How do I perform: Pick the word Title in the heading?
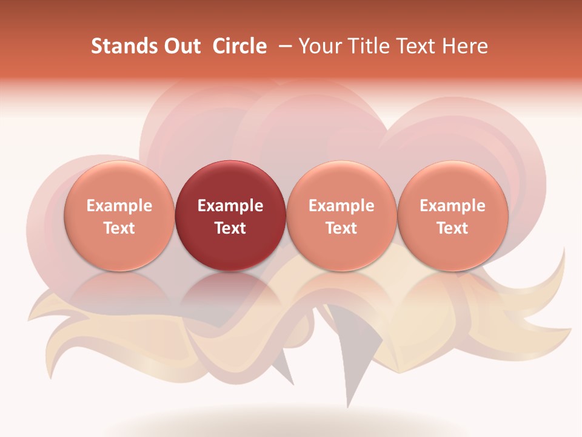point(370,46)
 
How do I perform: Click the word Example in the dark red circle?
point(230,206)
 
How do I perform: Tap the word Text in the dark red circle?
point(230,228)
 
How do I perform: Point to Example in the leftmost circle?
point(119,206)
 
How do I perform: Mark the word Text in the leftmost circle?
point(119,228)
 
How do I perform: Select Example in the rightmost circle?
point(453,206)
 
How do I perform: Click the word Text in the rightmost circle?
point(453,228)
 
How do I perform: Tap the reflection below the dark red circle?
point(230,288)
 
